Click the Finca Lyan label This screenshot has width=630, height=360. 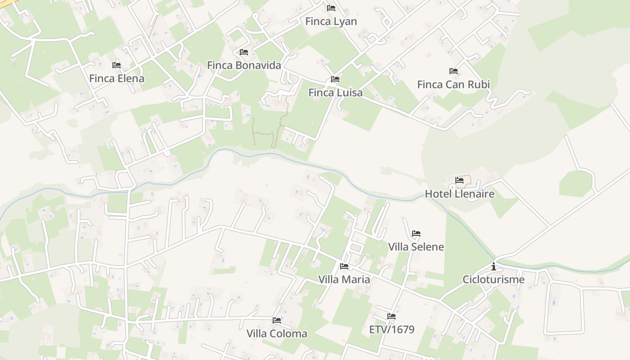click(331, 21)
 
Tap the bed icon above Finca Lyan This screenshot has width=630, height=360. click(331, 8)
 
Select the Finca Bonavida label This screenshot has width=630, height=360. click(244, 65)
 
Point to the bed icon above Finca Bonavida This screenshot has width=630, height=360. click(244, 52)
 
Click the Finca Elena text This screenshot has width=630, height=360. click(117, 78)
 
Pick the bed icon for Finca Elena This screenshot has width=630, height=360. click(117, 65)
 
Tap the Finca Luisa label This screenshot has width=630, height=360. click(335, 93)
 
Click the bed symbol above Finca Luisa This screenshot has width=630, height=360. click(335, 79)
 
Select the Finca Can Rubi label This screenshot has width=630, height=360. click(453, 84)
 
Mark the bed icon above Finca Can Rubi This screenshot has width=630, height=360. click(454, 71)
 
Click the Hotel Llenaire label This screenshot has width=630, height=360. click(459, 194)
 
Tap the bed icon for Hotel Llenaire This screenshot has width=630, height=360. click(459, 180)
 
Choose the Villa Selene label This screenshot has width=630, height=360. click(416, 247)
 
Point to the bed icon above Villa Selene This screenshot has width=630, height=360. click(416, 234)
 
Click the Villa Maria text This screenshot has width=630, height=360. click(344, 279)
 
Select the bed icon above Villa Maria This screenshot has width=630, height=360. click(344, 266)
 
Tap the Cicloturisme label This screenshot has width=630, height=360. click(493, 279)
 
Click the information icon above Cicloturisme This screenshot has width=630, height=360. click(494, 266)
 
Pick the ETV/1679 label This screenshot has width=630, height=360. click(391, 329)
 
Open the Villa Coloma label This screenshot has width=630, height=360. click(277, 333)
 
